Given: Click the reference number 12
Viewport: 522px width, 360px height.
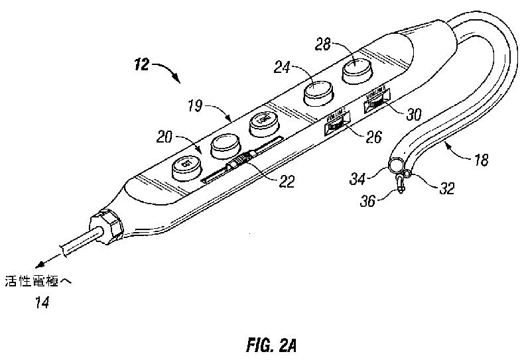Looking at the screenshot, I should (x=142, y=65).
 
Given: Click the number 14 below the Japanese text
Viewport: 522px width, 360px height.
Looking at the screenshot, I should (x=42, y=302).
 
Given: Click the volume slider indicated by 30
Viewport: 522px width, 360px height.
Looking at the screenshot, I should (x=375, y=102).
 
